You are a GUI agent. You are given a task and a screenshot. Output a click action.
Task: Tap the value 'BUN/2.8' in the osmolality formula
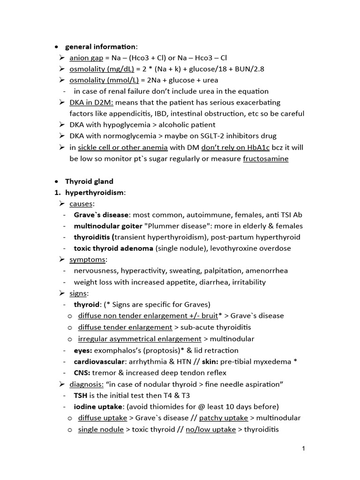tap(249, 69)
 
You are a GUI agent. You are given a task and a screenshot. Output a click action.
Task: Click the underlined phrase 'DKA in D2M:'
tap(91, 102)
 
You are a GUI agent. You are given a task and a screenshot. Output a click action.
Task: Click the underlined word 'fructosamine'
tap(265, 158)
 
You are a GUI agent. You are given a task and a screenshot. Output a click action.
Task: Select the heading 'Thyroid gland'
tap(89, 181)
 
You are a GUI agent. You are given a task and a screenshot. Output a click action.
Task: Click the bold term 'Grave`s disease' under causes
tap(101, 215)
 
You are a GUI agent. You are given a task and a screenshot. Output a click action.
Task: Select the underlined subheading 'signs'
tap(78, 293)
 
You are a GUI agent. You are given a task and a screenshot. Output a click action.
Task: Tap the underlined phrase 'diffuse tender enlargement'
tap(125, 327)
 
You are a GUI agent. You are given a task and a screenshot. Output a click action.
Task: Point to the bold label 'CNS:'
tap(82, 373)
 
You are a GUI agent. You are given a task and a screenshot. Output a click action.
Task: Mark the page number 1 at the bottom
tap(304, 449)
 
